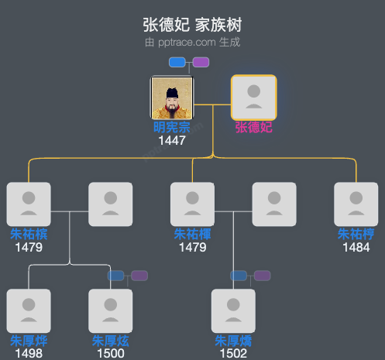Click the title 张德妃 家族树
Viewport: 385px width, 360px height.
click(192, 25)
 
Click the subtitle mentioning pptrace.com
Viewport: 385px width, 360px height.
click(192, 42)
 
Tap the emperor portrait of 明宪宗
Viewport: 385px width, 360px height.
click(171, 98)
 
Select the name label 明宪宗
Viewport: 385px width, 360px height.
click(171, 128)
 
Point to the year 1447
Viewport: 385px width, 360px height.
click(171, 141)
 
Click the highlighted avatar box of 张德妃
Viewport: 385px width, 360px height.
click(253, 98)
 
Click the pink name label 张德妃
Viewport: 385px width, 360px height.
click(253, 128)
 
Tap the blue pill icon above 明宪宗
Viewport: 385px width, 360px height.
click(177, 62)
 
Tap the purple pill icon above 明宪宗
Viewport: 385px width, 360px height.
click(201, 62)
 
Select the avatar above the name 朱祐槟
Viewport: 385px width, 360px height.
click(29, 204)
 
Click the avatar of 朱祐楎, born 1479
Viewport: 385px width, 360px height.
click(192, 204)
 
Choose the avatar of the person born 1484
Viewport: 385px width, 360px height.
click(356, 204)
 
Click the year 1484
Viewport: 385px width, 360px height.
click(356, 247)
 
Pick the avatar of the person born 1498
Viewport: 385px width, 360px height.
click(29, 311)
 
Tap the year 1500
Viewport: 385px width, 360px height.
click(111, 354)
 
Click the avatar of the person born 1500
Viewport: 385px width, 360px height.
click(111, 311)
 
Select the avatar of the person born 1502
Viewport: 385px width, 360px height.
click(233, 311)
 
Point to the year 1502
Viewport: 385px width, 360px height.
click(233, 354)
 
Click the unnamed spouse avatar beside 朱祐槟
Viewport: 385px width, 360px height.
click(111, 204)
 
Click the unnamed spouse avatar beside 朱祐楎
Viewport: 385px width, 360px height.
click(274, 204)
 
